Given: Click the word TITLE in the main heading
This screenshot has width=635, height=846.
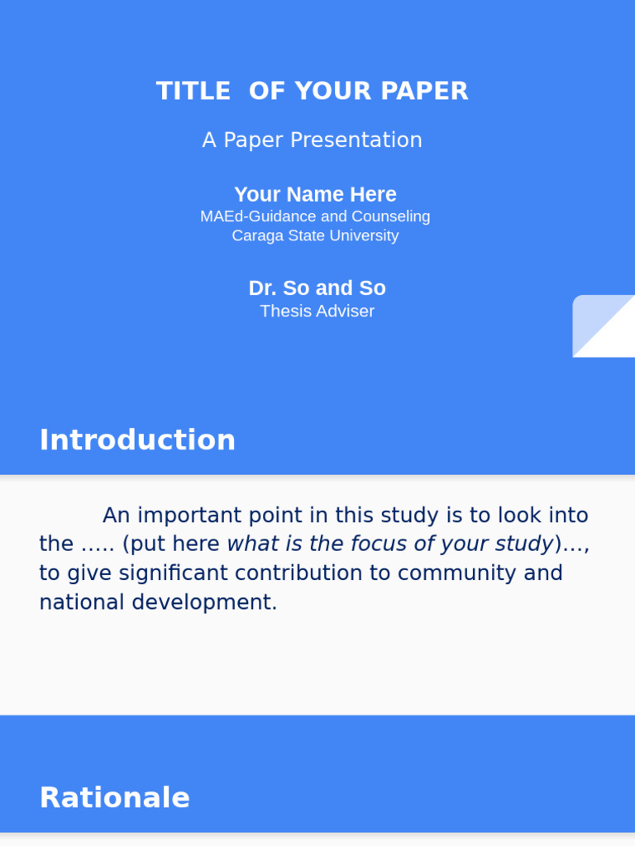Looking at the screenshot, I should tap(193, 91).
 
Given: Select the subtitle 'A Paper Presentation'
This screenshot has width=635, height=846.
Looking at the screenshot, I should tap(312, 140).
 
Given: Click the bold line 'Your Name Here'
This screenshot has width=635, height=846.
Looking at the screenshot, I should tap(315, 195).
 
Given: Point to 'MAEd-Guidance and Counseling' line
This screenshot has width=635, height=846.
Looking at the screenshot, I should tap(315, 216).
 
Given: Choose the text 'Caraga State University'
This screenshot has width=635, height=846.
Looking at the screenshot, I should tap(315, 236).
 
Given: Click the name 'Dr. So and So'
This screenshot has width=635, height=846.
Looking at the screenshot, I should tap(317, 288).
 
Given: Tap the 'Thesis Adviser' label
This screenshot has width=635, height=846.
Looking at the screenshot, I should tap(317, 311).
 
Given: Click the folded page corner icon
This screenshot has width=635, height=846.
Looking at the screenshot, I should tap(603, 326).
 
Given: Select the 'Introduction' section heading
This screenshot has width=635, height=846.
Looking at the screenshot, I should tap(137, 440).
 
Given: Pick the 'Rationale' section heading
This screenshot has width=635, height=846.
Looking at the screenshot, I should tap(115, 798).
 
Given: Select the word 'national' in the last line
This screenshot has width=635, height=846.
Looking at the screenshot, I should tap(82, 602).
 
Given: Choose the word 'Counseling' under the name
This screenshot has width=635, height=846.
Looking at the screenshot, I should tap(391, 216).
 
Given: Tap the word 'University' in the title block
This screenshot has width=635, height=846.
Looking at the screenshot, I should tap(364, 236).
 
